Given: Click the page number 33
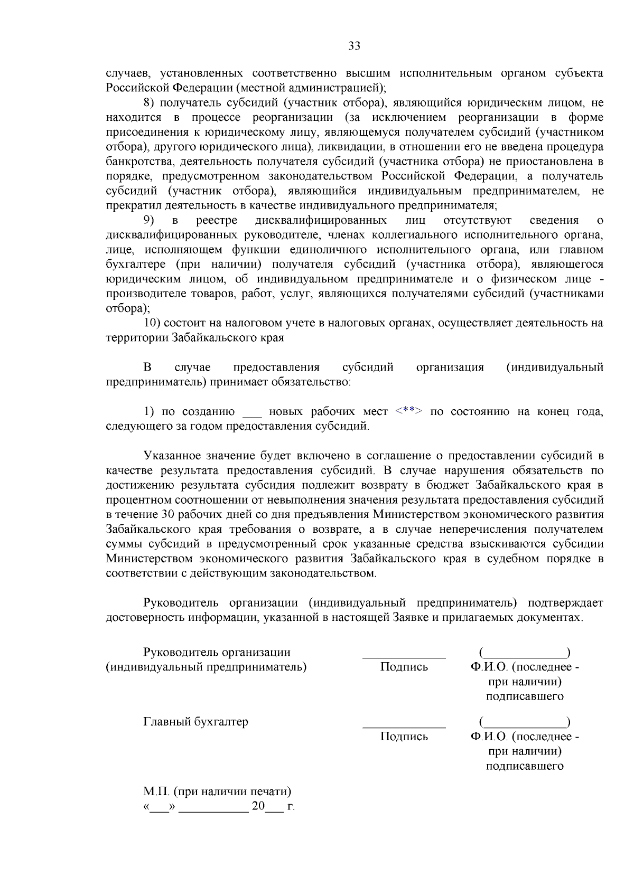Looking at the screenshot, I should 354,46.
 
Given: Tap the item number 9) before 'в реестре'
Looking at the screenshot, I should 149,220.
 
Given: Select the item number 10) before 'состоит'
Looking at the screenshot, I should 152,323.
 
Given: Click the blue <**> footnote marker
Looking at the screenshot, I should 408,411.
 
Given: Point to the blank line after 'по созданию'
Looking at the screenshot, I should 252,413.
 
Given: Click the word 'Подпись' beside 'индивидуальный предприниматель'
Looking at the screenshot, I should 404,667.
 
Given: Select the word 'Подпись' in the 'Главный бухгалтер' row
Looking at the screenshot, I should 404,737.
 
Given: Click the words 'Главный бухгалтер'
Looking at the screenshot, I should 195,722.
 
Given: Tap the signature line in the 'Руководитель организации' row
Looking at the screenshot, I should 404,657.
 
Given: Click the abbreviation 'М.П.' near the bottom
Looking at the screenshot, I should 156,791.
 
